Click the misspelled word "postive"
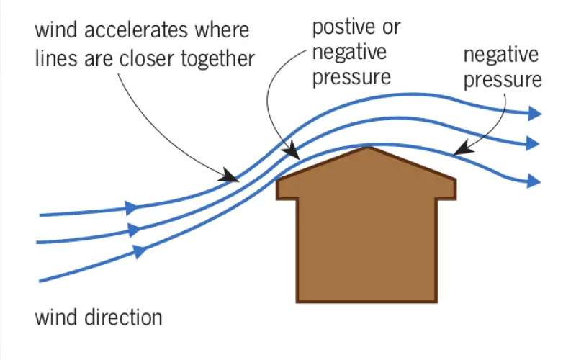tap(345, 27)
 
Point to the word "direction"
tap(123, 318)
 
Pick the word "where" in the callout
tap(222, 30)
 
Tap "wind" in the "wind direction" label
tap(56, 318)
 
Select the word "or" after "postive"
tap(392, 29)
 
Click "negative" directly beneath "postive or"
tap(349, 52)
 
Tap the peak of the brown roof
tap(368, 148)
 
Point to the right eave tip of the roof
tap(455, 180)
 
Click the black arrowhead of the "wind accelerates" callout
tap(229, 175)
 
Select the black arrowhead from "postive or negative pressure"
tap(292, 150)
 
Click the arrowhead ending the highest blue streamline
tap(534, 113)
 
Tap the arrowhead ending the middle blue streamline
tap(532, 143)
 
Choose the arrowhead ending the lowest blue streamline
tap(534, 181)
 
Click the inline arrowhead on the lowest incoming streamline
tap(139, 251)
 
